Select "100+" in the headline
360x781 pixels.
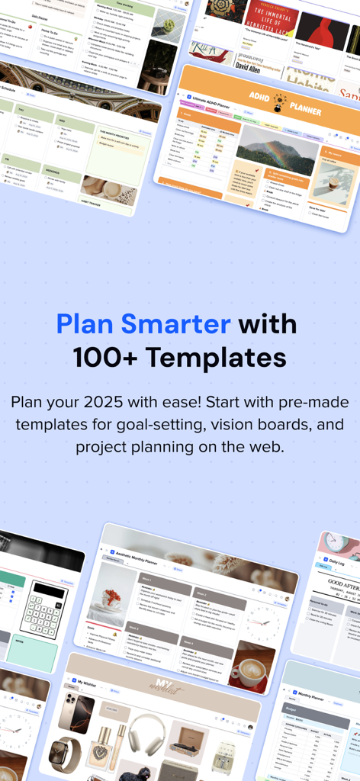(104, 357)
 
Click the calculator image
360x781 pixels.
(43, 609)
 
